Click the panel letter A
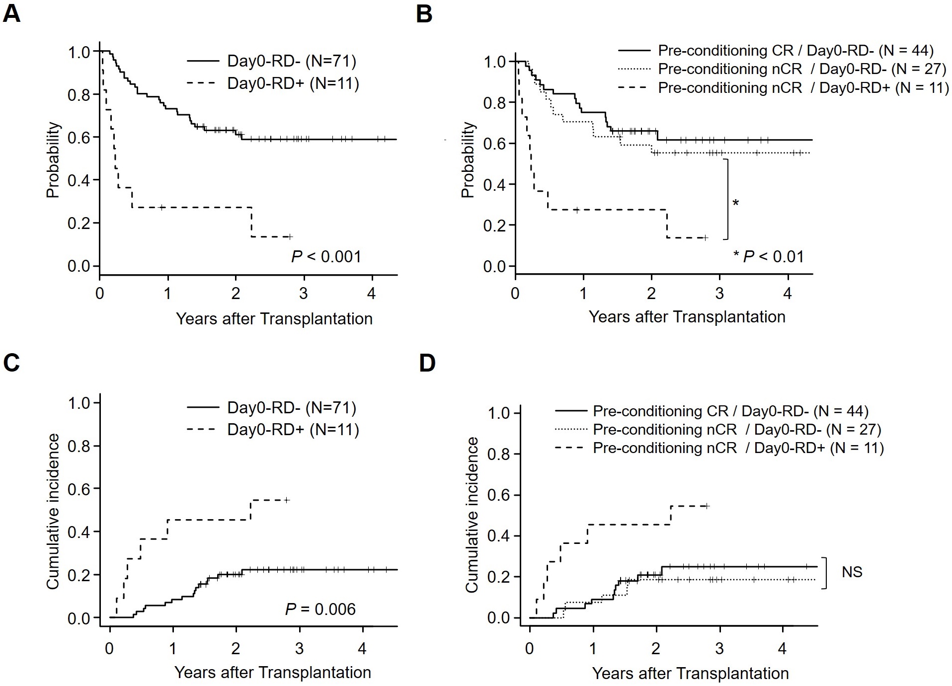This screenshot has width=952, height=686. pyautogui.click(x=11, y=13)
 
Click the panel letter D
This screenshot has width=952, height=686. pyautogui.click(x=427, y=363)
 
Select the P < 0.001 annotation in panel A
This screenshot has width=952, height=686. pyautogui.click(x=326, y=257)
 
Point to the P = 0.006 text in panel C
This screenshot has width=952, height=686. pyautogui.click(x=320, y=609)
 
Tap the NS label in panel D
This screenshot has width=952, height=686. pyautogui.click(x=852, y=572)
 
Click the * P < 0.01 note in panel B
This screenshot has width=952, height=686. pyautogui.click(x=769, y=256)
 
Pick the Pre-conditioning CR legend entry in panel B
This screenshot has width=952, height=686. pyautogui.click(x=776, y=50)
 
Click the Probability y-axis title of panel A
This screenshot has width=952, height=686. pyautogui.click(x=53, y=160)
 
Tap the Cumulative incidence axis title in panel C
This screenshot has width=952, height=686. pyautogui.click(x=53, y=512)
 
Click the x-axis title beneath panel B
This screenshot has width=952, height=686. pyautogui.click(x=687, y=317)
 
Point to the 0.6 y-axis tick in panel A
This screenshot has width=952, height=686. pyautogui.click(x=79, y=137)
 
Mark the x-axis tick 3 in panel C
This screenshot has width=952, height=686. pyautogui.click(x=300, y=649)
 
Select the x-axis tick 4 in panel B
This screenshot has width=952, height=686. pyautogui.click(x=788, y=294)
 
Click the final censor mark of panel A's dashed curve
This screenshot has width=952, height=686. pyautogui.click(x=290, y=236)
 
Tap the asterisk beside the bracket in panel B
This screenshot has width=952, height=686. pyautogui.click(x=736, y=203)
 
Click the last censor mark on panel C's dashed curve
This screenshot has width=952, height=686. pyautogui.click(x=287, y=500)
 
